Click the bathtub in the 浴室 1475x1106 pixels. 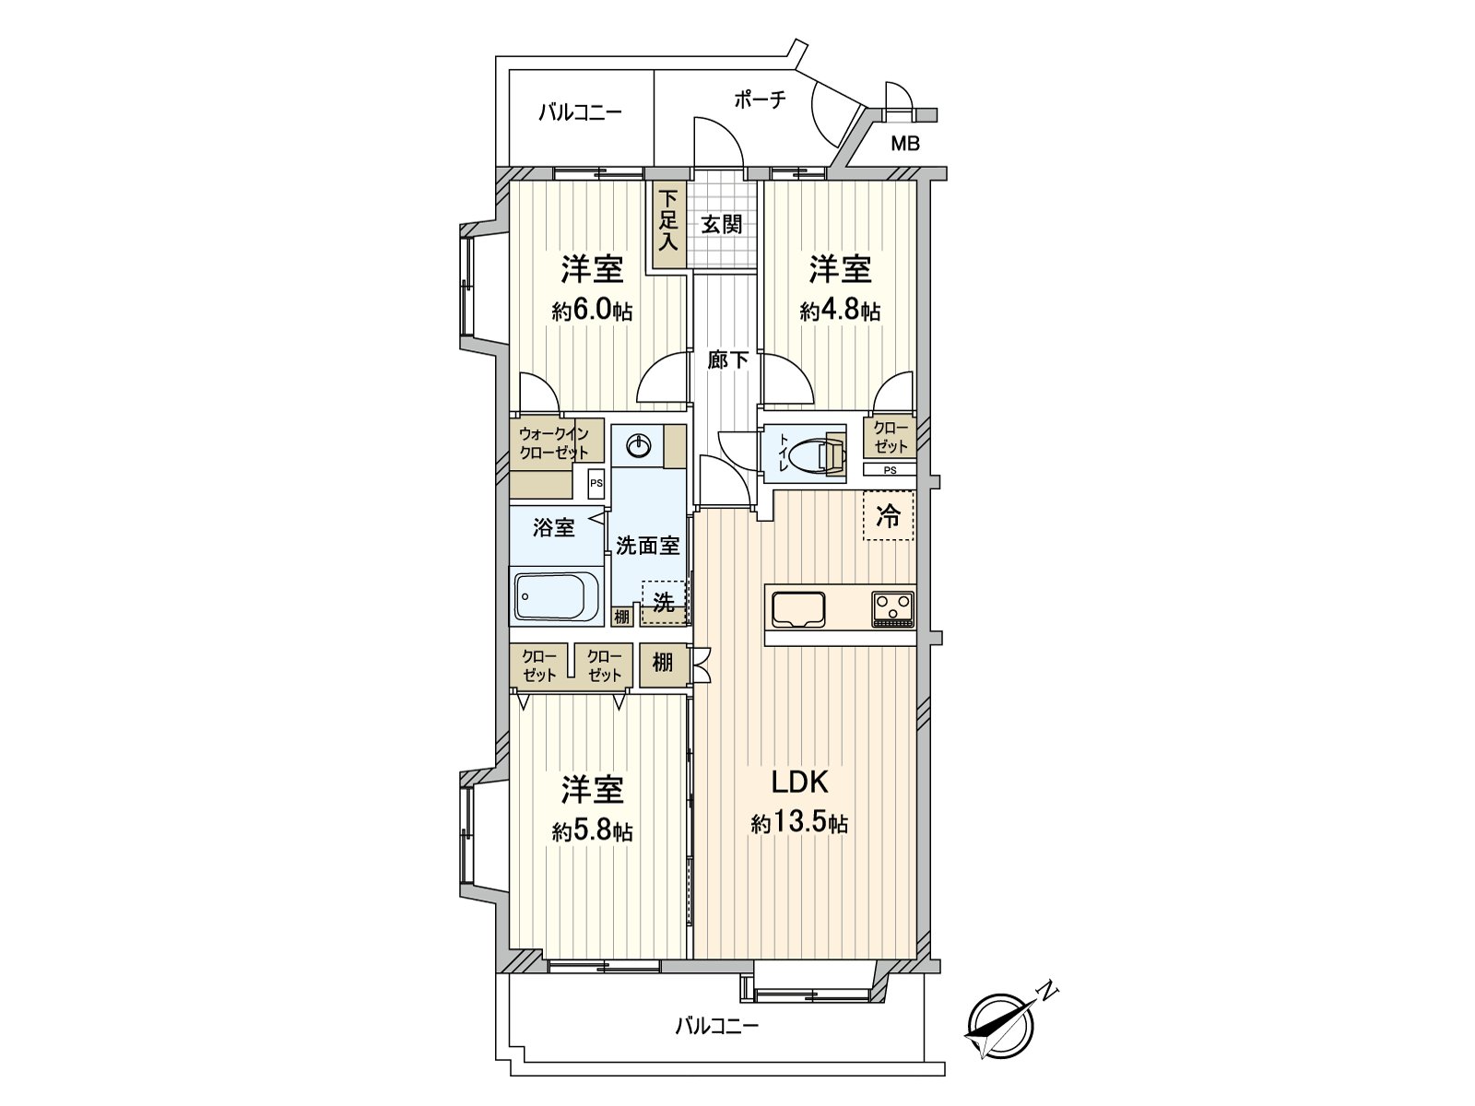557,598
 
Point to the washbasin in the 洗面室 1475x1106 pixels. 638,447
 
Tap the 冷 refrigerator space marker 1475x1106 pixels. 889,516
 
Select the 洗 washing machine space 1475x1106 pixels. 664,603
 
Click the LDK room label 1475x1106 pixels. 800,782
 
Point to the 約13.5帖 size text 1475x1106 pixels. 799,823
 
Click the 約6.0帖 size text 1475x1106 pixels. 593,311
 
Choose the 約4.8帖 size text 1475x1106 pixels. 840,311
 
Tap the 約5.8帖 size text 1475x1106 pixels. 593,831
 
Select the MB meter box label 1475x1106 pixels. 904,144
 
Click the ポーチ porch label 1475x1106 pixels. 760,100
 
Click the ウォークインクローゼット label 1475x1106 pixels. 554,442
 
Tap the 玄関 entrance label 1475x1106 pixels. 721,224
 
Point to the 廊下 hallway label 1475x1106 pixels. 727,360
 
